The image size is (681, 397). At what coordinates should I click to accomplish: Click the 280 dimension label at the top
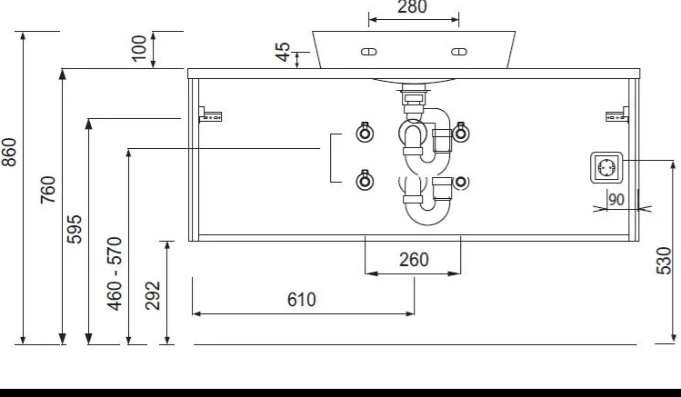412,7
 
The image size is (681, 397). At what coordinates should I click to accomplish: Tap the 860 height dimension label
9,152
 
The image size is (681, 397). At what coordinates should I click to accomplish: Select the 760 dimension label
48,190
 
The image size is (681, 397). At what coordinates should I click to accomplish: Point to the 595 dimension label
75,229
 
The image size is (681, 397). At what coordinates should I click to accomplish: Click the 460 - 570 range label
115,273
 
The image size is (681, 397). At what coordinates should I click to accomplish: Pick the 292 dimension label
153,295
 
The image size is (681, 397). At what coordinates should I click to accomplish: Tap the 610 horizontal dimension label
302,300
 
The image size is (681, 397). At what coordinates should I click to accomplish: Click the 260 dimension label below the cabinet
414,260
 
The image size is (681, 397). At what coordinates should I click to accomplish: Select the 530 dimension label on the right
664,261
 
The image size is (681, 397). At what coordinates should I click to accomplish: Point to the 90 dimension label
616,200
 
